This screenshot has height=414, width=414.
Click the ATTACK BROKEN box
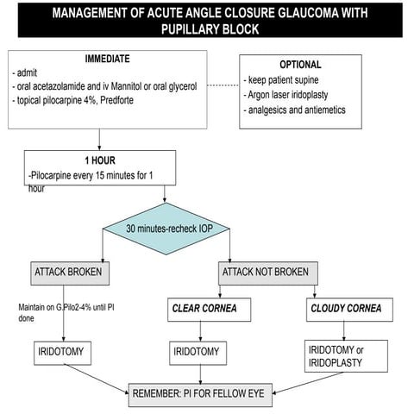coord(70,273)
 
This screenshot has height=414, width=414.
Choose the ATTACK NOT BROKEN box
coord(266,273)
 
